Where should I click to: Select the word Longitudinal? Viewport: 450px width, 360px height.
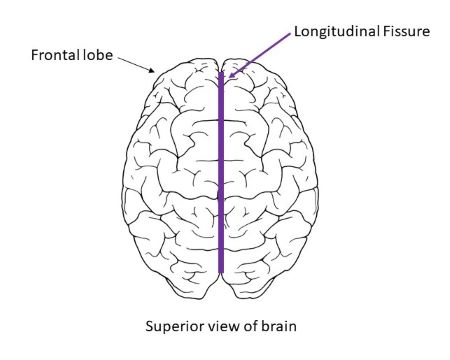click(x=330, y=32)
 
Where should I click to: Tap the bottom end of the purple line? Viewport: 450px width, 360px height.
click(x=221, y=270)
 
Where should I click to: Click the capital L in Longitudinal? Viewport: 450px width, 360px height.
click(x=297, y=32)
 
